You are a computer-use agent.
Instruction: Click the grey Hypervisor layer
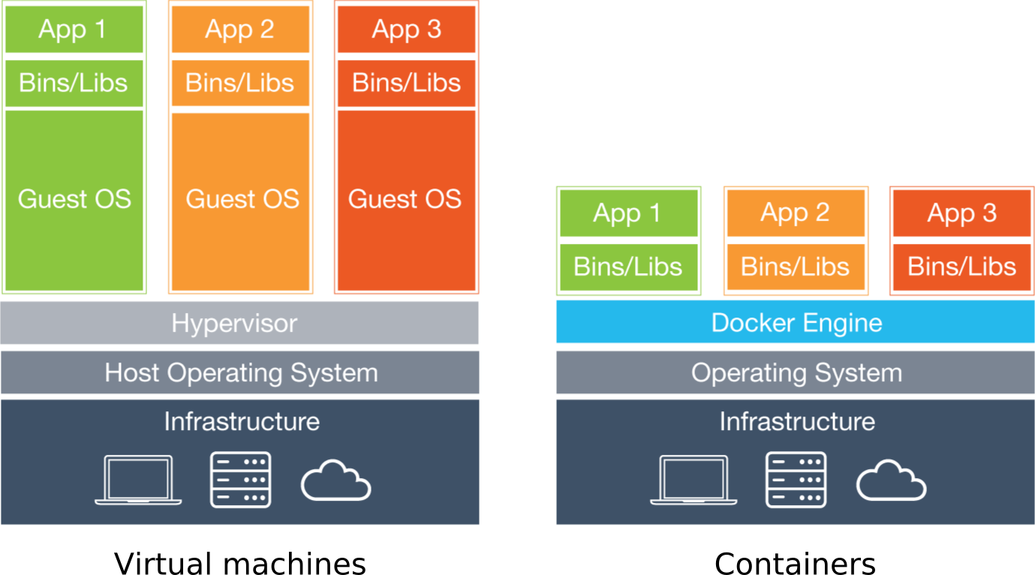(x=239, y=324)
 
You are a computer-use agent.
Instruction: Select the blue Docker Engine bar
(x=796, y=323)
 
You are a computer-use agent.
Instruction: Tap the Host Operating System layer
(x=240, y=373)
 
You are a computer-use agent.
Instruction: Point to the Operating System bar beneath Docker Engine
(x=796, y=373)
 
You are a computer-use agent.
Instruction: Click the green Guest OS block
(x=74, y=200)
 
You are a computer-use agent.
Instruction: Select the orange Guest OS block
(x=241, y=200)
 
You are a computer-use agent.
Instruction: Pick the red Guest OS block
(x=405, y=200)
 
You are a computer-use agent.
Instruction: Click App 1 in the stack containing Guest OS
(x=74, y=30)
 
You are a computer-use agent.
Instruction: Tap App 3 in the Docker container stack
(x=961, y=213)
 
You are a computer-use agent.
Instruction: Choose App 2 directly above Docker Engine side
(x=795, y=213)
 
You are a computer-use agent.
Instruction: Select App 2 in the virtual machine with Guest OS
(x=240, y=30)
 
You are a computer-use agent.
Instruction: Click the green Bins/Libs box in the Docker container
(x=628, y=266)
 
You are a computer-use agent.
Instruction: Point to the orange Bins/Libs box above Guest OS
(x=240, y=83)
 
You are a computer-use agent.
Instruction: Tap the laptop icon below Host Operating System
(x=138, y=480)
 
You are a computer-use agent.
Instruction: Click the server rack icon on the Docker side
(x=796, y=480)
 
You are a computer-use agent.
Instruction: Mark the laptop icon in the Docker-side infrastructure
(x=694, y=480)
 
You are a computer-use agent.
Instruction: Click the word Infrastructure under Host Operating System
(x=242, y=422)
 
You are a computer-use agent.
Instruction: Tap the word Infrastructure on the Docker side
(x=796, y=422)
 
